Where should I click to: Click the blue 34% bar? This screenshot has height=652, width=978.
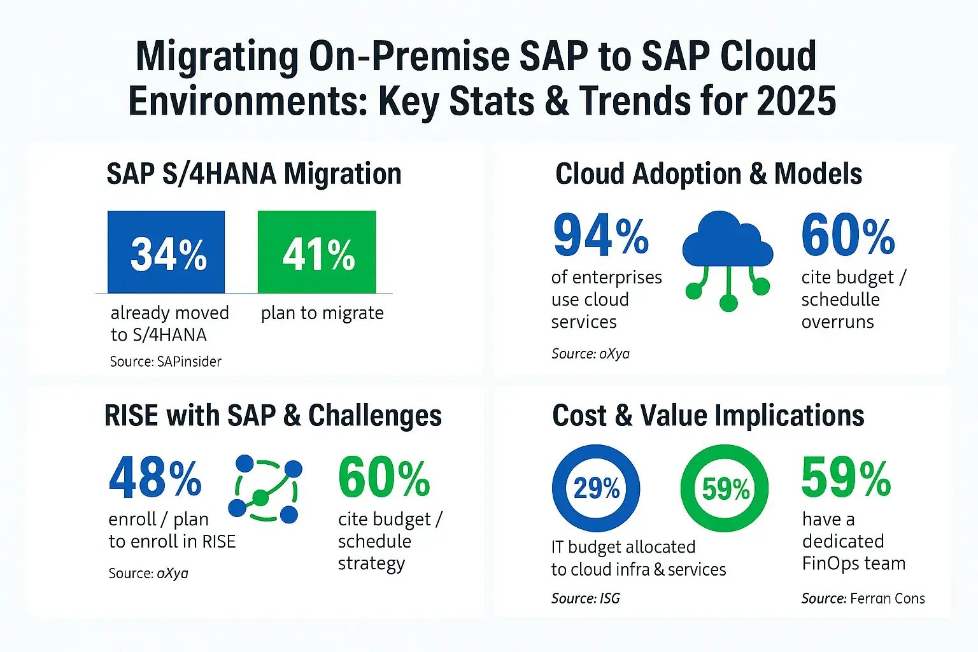point(166,252)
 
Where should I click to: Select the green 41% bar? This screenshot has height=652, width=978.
point(316,252)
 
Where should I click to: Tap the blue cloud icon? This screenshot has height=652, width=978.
point(727,242)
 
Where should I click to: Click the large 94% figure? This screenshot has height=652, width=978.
point(600,236)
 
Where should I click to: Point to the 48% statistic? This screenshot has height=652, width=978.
point(155,478)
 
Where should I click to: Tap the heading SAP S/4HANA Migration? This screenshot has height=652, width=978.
point(253,174)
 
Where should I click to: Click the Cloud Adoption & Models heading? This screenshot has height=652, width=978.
point(708,174)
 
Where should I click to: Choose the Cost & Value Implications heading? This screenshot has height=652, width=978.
point(708,415)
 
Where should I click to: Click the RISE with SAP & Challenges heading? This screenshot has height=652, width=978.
point(273,415)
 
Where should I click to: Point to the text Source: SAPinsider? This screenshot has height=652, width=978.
point(166,362)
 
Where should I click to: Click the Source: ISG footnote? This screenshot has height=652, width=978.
point(585,599)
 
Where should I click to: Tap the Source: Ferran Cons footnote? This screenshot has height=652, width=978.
point(863,599)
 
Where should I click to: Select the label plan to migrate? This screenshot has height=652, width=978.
point(322,313)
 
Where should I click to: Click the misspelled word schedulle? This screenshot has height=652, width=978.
point(840,300)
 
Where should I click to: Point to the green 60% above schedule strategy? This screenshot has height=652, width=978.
point(384,478)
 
